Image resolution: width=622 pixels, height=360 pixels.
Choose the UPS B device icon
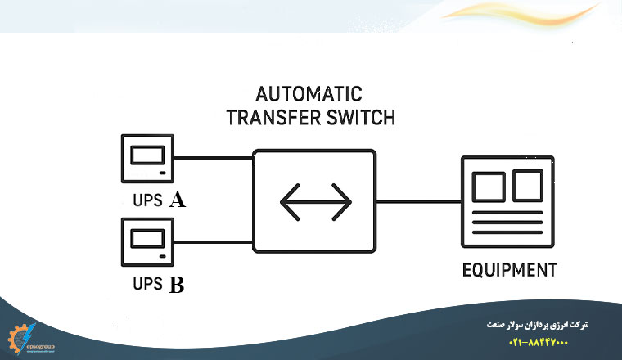click(x=147, y=242)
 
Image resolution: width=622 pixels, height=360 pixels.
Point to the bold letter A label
click(x=177, y=200)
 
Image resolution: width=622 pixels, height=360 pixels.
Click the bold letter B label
click(x=176, y=286)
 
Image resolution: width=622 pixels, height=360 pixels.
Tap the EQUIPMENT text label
click(x=509, y=270)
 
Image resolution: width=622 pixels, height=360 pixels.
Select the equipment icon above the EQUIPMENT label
click(x=509, y=201)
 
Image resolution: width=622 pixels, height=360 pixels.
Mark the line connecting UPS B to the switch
click(x=213, y=242)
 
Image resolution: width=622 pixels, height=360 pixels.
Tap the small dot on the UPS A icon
click(x=164, y=173)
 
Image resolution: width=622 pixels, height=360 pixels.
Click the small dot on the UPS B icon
click(x=164, y=256)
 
